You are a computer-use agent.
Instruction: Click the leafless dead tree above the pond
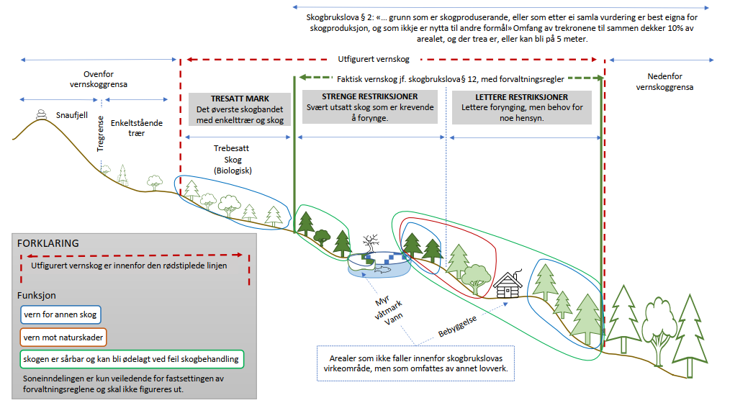tap(371, 242)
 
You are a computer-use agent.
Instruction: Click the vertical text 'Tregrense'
tap(101, 133)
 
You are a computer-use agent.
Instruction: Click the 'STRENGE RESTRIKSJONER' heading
tap(371, 97)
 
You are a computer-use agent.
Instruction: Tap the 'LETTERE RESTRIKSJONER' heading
tap(522, 97)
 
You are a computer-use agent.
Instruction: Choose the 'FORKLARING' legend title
tap(48, 243)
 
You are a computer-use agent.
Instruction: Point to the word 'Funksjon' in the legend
tap(36, 295)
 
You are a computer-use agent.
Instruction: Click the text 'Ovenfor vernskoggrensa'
tap(99, 79)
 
